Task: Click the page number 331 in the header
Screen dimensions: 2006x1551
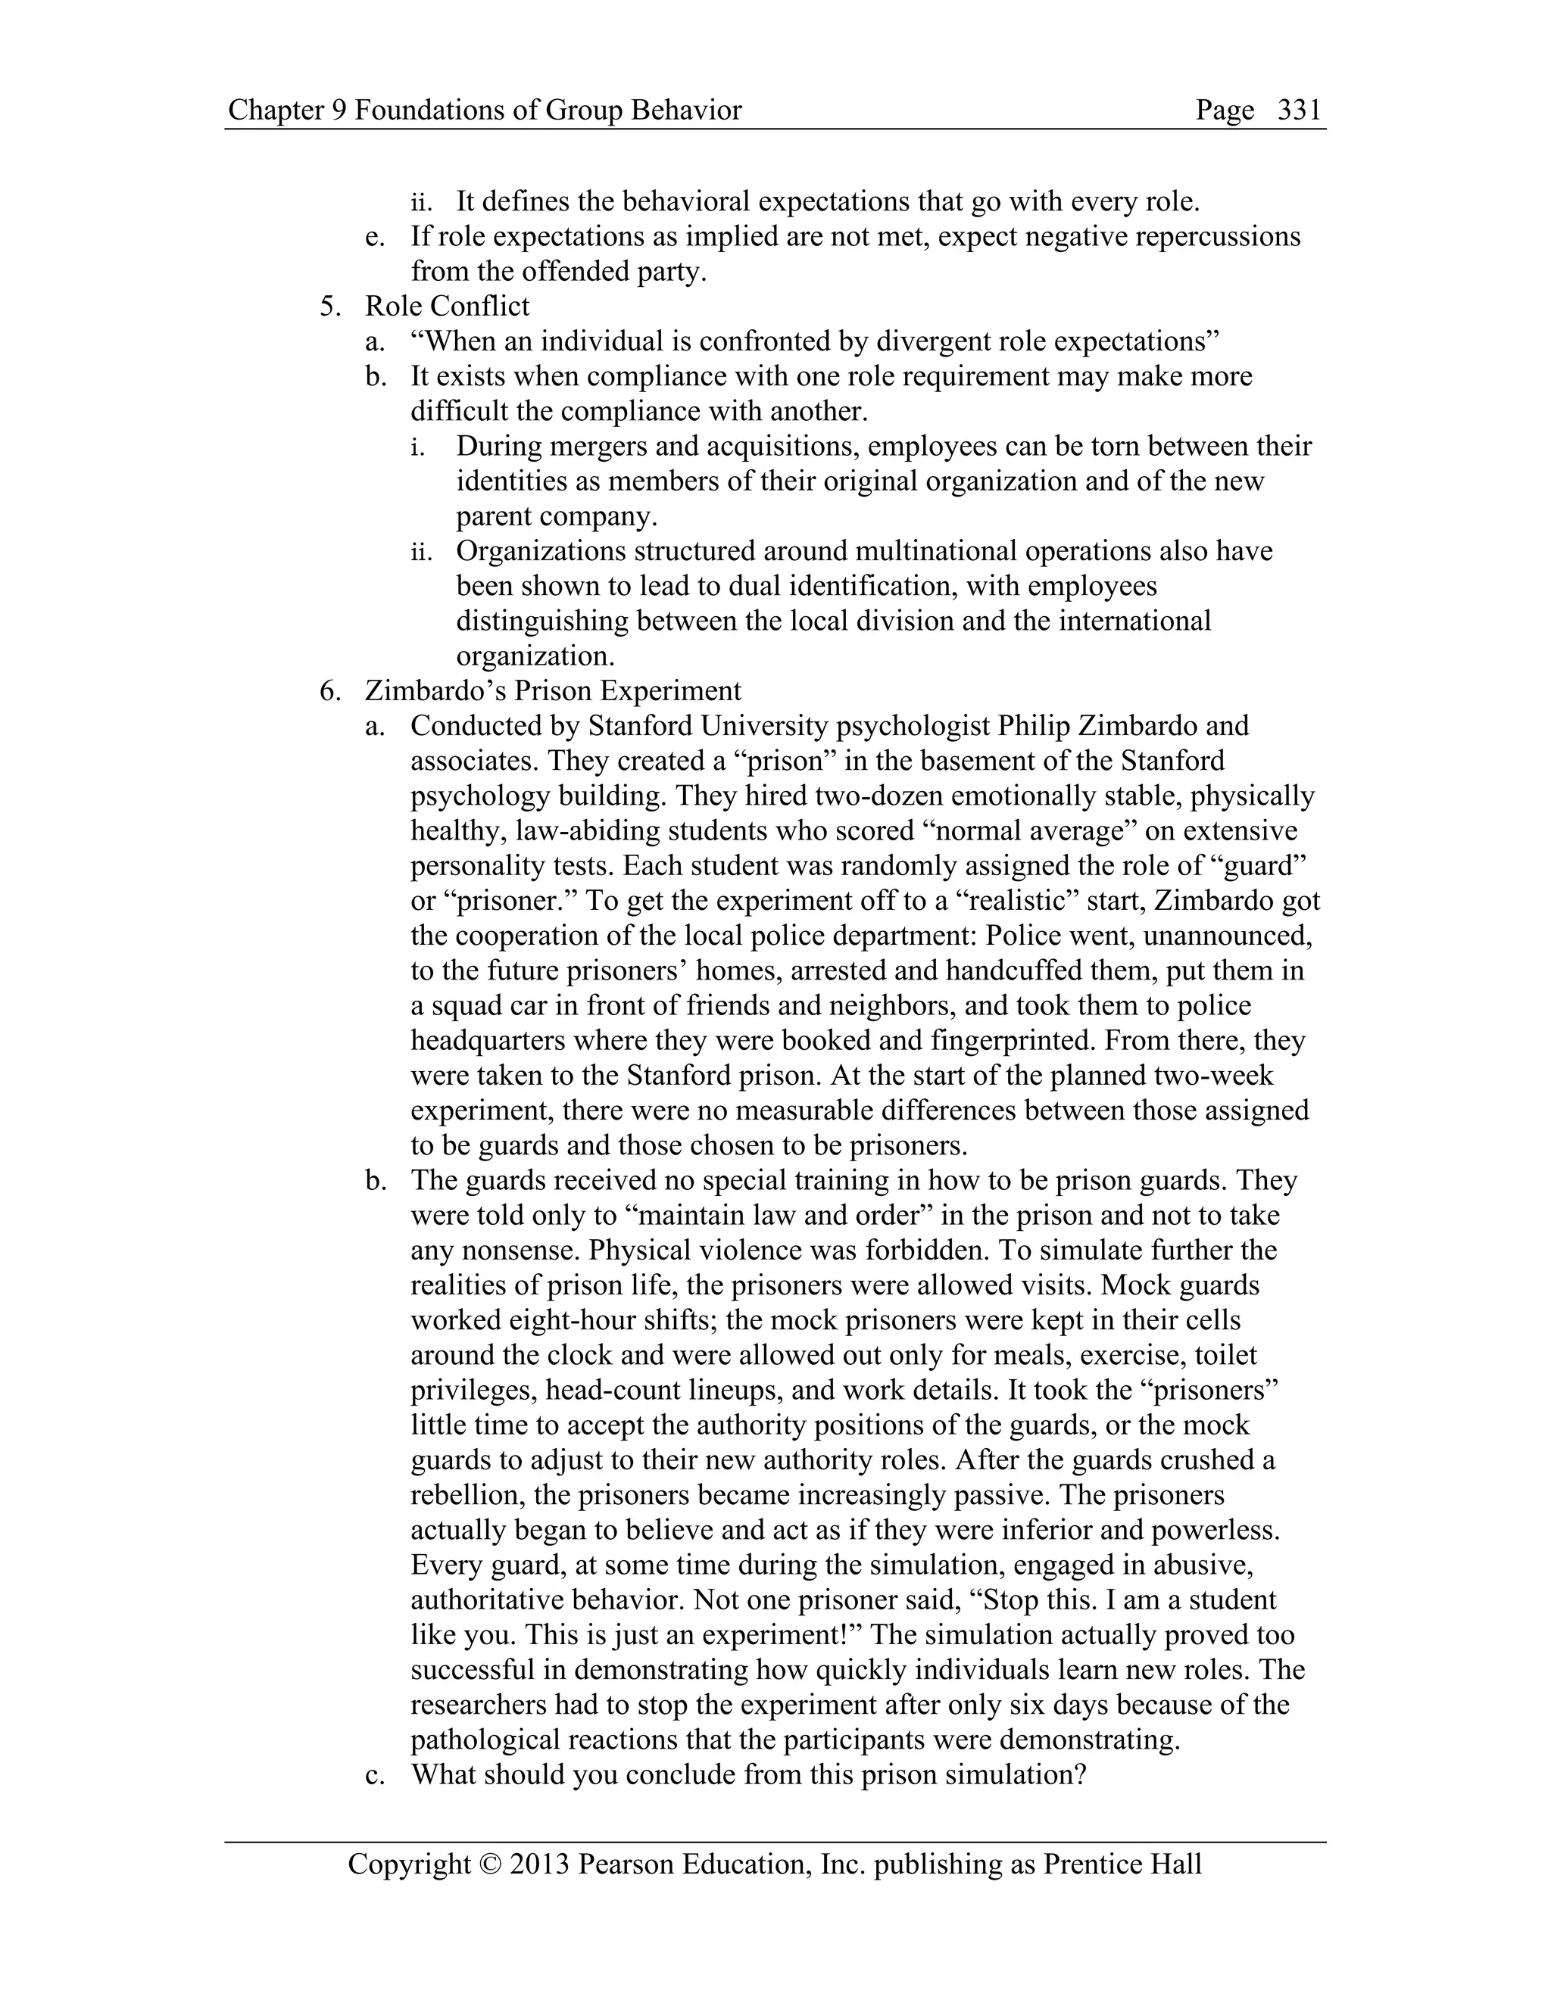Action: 1300,111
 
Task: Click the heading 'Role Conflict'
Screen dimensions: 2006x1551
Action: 448,306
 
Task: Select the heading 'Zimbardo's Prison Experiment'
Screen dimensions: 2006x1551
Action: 553,690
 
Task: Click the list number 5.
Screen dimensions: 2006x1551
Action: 330,306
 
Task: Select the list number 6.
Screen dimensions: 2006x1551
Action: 330,690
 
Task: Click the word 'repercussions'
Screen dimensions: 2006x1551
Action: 1218,236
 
